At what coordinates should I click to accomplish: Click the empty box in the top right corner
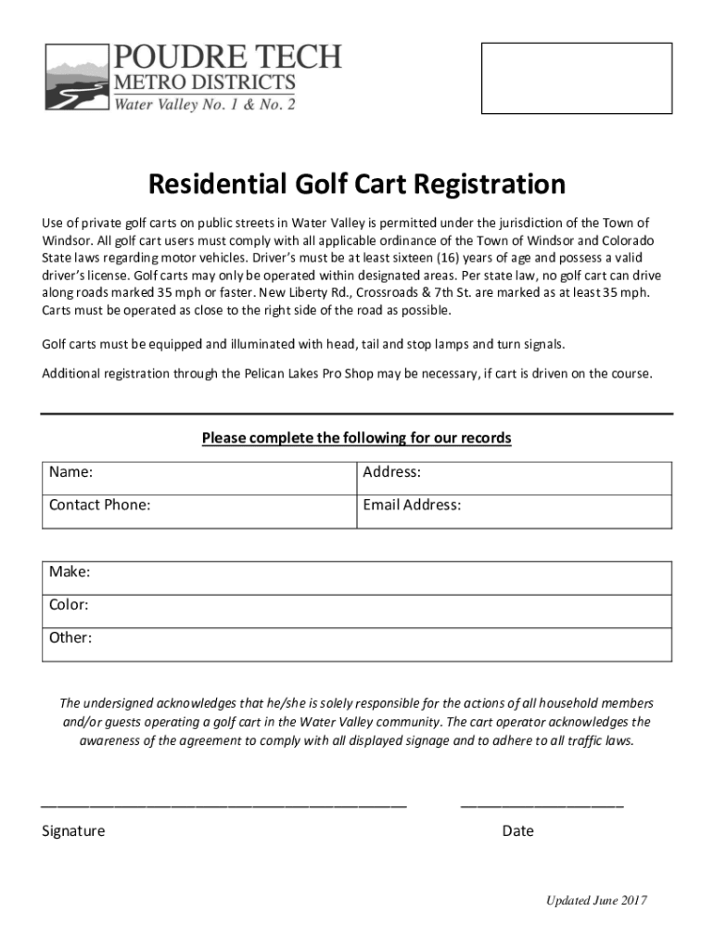pyautogui.click(x=576, y=78)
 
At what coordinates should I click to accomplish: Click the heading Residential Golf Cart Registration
pyautogui.click(x=357, y=185)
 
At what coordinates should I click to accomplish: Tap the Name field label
pyautogui.click(x=70, y=472)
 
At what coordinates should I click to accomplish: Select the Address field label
pyautogui.click(x=391, y=472)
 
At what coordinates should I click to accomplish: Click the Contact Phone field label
pyautogui.click(x=99, y=505)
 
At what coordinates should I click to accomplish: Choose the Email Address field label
pyautogui.click(x=412, y=505)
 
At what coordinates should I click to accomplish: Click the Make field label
pyautogui.click(x=70, y=571)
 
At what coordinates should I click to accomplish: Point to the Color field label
pyautogui.click(x=69, y=605)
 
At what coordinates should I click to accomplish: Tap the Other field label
pyautogui.click(x=70, y=637)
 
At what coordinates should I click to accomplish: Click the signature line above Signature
pyautogui.click(x=223, y=804)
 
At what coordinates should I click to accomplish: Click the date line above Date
pyautogui.click(x=542, y=804)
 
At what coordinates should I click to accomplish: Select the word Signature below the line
pyautogui.click(x=73, y=830)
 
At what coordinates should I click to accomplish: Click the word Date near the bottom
pyautogui.click(x=517, y=830)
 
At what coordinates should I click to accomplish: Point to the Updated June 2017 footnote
pyautogui.click(x=596, y=901)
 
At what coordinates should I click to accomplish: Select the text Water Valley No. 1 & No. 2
pyautogui.click(x=204, y=104)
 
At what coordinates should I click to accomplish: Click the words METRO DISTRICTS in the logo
pyautogui.click(x=204, y=83)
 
